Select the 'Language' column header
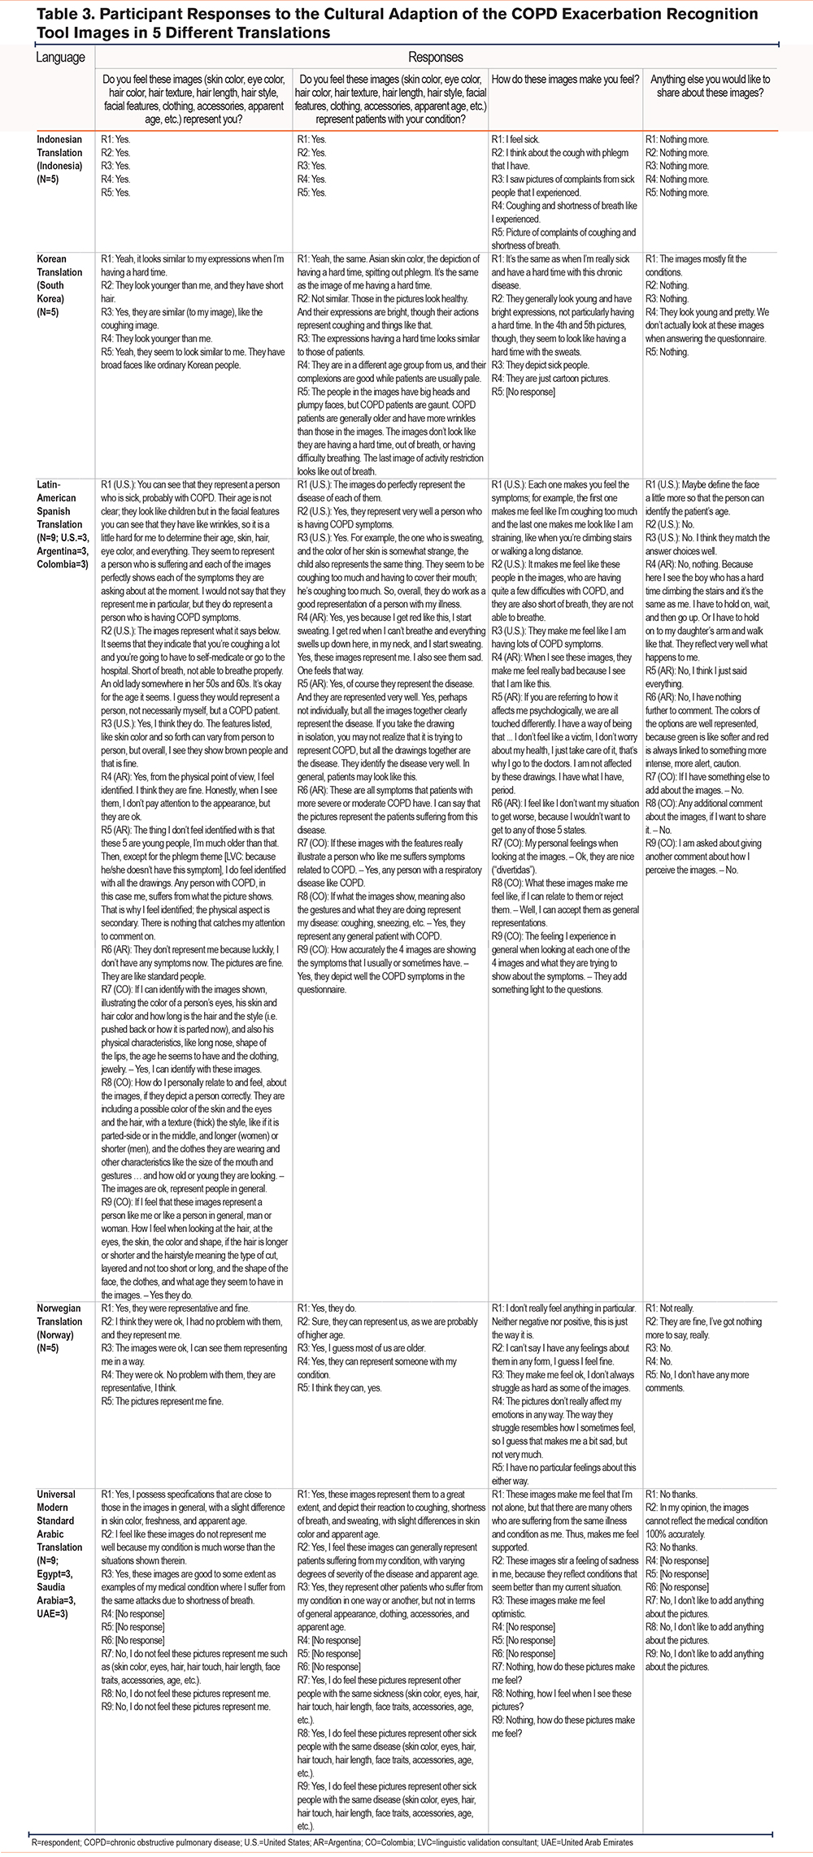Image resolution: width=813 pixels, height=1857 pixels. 60,57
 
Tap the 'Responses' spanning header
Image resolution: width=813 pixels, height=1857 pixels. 436,57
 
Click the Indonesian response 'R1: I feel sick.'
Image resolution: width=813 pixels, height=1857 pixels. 515,140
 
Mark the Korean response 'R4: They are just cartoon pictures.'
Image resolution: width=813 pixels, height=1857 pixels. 550,379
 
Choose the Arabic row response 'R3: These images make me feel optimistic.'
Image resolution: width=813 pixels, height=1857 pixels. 548,1607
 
